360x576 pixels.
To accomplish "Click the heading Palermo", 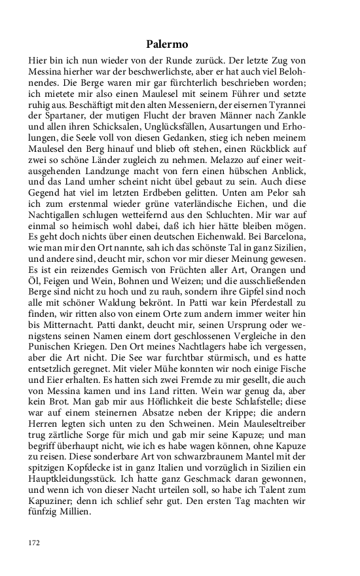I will [x=167, y=45].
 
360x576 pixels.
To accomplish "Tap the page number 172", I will [x=35, y=543].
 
